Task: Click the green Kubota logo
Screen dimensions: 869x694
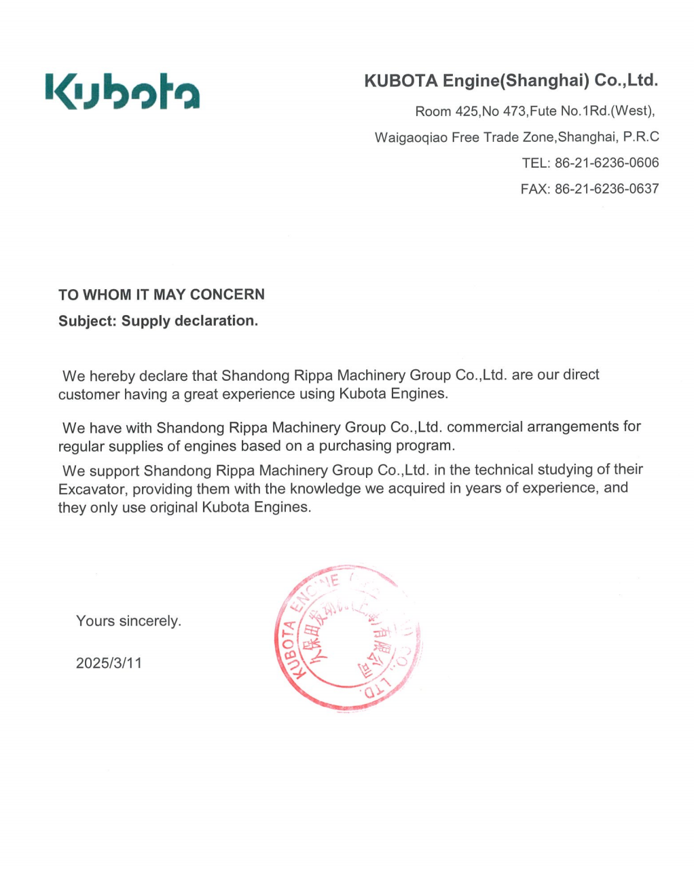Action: tap(123, 91)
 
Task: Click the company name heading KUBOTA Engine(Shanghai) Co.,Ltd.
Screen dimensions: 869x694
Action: tap(511, 81)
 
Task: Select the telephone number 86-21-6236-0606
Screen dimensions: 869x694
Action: tap(606, 163)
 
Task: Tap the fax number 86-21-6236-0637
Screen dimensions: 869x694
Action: tap(606, 189)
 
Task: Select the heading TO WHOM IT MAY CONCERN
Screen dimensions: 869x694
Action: tap(162, 295)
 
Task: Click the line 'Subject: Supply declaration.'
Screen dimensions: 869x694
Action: tap(158, 321)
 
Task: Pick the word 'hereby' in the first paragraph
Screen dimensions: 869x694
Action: tap(112, 376)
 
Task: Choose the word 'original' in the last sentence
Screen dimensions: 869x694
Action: tap(174, 508)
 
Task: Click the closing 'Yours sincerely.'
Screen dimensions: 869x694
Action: tap(128, 621)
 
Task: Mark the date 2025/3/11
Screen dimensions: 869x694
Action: tap(109, 663)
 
